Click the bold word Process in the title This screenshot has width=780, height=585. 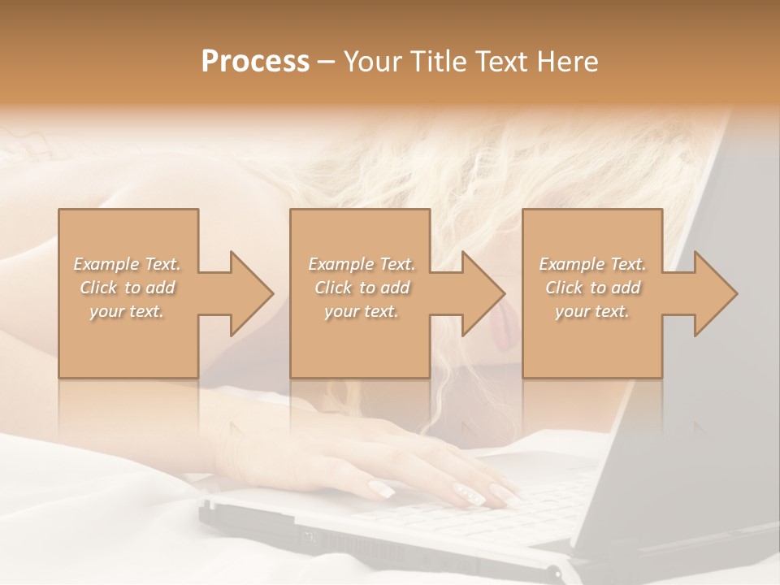pyautogui.click(x=255, y=62)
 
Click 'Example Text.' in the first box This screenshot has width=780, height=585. pyautogui.click(x=128, y=264)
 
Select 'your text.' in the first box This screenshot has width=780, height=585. pyautogui.click(x=128, y=311)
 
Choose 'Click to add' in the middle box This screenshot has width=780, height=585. pyautogui.click(x=361, y=288)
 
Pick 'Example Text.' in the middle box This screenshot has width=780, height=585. pyautogui.click(x=361, y=264)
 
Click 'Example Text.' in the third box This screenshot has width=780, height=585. pyautogui.click(x=592, y=264)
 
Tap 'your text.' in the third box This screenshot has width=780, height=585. pyautogui.click(x=592, y=311)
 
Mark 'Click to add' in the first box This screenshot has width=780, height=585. pyautogui.click(x=128, y=288)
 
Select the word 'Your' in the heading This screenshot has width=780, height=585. pyautogui.click(x=373, y=62)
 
